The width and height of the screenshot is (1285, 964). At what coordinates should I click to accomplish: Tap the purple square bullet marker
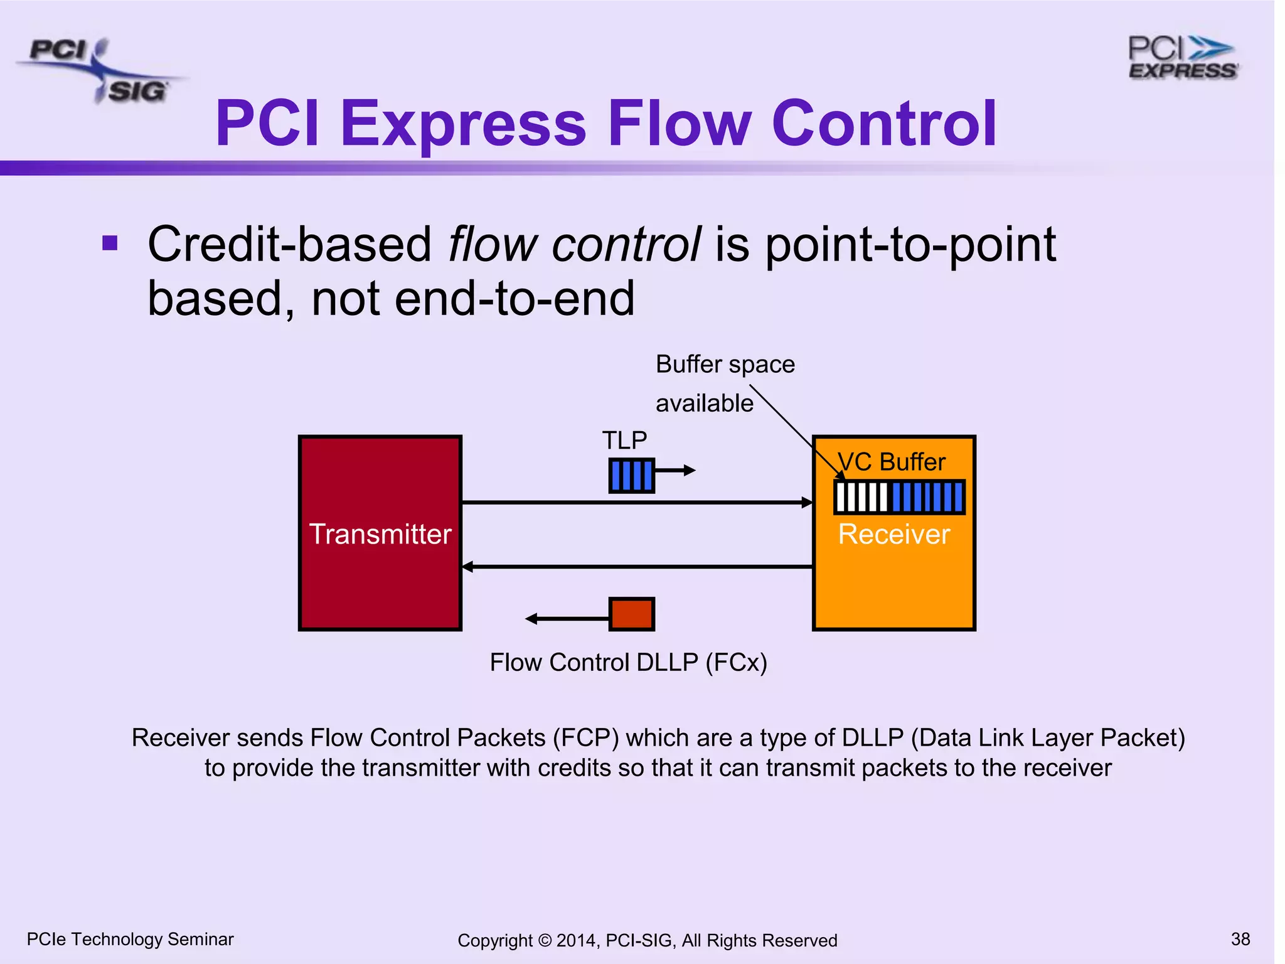[x=110, y=243]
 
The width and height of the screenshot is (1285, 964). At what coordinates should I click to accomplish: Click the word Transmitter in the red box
[x=380, y=534]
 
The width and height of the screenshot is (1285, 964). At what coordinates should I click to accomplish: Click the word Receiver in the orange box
[x=893, y=534]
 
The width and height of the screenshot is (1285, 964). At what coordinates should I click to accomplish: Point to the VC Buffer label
[x=892, y=462]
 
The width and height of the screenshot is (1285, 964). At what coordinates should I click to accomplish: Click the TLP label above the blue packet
[x=624, y=440]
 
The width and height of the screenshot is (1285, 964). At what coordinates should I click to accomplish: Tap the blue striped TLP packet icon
[x=631, y=475]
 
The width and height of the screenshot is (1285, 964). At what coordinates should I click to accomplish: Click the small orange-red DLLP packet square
[x=631, y=614]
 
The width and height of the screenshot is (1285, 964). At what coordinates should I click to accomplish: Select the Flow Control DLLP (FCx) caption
[x=628, y=663]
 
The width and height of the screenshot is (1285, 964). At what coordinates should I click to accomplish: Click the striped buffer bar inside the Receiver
[x=898, y=497]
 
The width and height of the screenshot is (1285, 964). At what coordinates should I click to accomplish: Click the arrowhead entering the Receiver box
[x=808, y=502]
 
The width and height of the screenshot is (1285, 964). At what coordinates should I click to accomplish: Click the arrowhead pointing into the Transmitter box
[x=467, y=567]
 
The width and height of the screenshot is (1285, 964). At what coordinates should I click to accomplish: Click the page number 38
[x=1240, y=939]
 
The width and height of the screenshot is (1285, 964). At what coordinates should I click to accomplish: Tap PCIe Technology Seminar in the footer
[x=130, y=939]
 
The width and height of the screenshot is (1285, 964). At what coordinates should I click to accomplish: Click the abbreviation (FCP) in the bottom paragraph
[x=585, y=737]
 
